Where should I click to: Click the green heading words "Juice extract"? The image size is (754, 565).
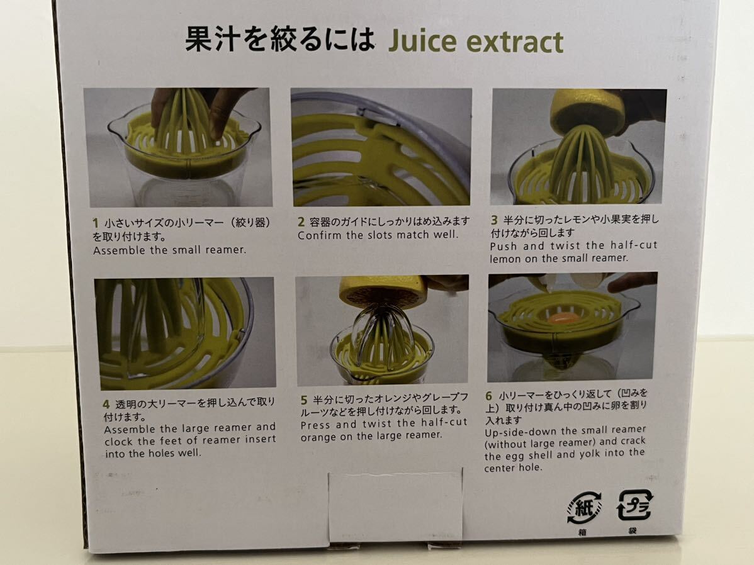(x=475, y=42)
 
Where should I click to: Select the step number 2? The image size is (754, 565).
(x=301, y=221)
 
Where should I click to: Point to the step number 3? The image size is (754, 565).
(x=495, y=220)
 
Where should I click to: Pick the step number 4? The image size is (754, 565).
(x=106, y=404)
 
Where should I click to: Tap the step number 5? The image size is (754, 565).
(x=304, y=399)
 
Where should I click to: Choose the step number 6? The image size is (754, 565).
(x=488, y=396)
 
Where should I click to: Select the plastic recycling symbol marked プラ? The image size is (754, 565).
(x=635, y=506)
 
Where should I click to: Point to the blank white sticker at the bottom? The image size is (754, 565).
(x=395, y=506)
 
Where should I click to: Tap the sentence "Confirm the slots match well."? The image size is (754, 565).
(x=378, y=235)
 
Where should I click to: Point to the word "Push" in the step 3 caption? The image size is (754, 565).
(x=504, y=246)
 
